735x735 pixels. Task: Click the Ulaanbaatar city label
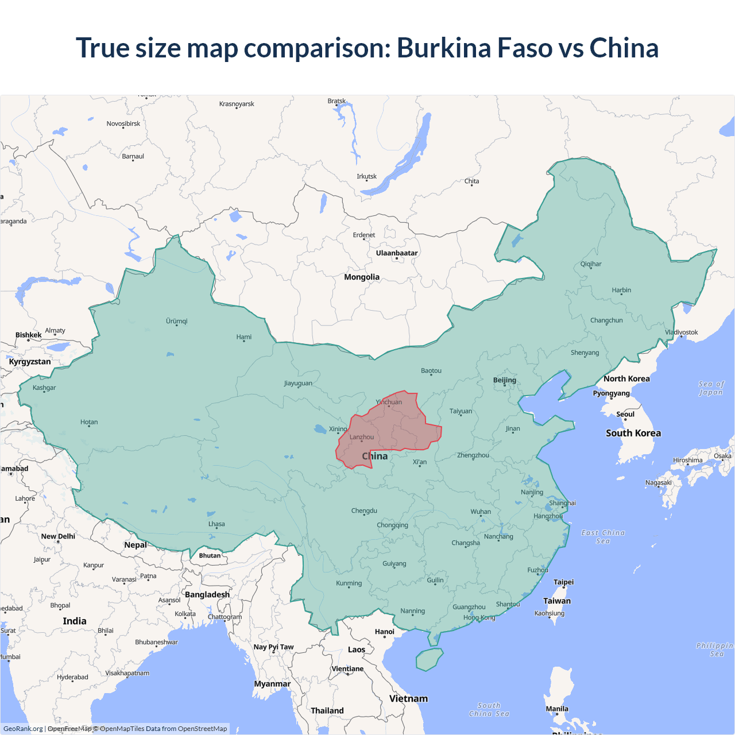397,253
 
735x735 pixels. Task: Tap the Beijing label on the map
505,380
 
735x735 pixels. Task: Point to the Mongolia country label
362,277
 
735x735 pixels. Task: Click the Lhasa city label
216,524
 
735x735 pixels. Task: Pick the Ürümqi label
177,322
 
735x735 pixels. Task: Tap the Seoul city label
625,415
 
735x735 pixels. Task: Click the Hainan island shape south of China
429,659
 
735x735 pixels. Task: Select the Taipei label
563,582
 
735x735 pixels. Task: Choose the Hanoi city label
385,632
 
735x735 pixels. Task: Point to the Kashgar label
44,388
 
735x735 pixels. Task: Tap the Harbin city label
621,291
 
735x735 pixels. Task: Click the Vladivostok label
682,332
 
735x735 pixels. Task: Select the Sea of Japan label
711,388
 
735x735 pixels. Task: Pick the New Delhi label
58,536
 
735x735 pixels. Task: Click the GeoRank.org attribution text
23,729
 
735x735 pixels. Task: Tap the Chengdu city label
364,511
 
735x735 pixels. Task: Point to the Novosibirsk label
123,124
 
